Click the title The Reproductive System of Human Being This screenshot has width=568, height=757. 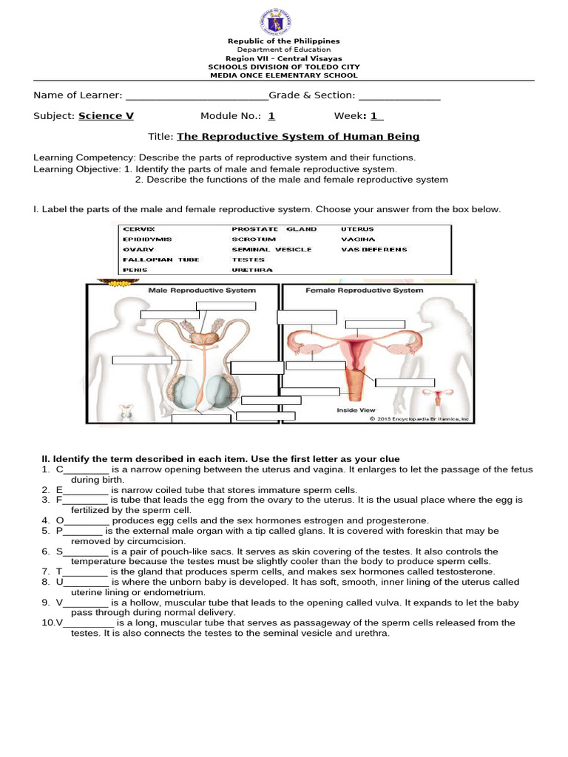point(298,137)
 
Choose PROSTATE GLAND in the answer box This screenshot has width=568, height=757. point(274,230)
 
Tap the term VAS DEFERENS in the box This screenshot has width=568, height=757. point(373,250)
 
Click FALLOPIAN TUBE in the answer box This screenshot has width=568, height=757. point(151,260)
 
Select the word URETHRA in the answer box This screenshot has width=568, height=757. point(252,271)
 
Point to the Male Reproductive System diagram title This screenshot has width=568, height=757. point(202,291)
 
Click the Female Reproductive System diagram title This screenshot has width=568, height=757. point(365,291)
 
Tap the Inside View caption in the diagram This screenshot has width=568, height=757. point(356,410)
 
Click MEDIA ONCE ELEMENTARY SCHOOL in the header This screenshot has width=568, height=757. point(283,75)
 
